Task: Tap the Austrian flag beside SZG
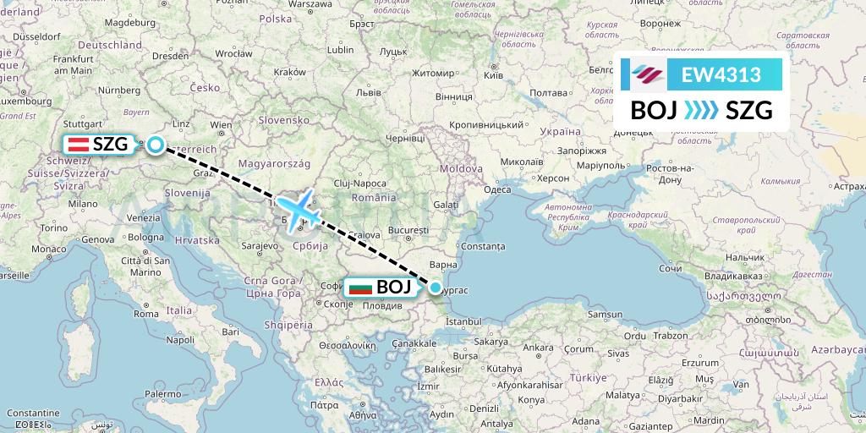click(x=79, y=144)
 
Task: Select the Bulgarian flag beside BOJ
click(x=361, y=288)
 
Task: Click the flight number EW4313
click(x=721, y=75)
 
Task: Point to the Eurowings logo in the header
click(x=649, y=75)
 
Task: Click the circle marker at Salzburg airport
click(x=156, y=145)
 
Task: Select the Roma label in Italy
click(x=146, y=313)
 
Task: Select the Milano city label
click(x=84, y=204)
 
